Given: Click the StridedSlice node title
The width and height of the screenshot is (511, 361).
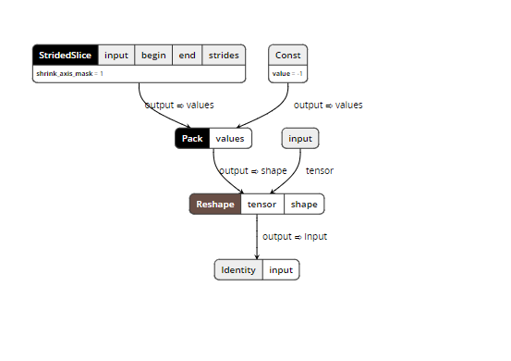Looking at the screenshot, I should [x=65, y=55].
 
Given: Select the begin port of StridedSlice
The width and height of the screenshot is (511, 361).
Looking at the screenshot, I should [x=153, y=55].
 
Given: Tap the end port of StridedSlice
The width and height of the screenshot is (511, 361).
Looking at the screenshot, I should [x=187, y=55].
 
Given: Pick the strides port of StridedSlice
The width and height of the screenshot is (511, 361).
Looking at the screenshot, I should [x=223, y=55].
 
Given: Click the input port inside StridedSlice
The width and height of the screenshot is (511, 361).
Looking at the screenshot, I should [x=116, y=55].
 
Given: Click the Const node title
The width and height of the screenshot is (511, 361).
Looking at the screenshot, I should [x=287, y=55].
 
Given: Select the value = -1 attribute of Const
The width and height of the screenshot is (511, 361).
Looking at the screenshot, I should [x=287, y=73].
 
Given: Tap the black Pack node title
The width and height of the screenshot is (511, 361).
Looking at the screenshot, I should [x=192, y=138].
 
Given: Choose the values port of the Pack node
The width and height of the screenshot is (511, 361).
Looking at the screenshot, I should [x=230, y=138].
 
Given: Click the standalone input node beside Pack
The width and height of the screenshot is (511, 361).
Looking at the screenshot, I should [x=300, y=138].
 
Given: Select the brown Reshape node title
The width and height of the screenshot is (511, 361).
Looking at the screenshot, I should [x=215, y=204].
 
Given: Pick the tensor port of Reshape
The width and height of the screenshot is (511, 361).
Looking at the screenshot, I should [x=262, y=204].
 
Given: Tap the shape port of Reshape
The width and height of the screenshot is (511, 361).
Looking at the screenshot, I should [x=304, y=204].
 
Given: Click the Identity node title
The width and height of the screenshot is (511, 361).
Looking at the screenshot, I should [x=238, y=269].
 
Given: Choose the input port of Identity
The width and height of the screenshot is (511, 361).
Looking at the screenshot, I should [x=281, y=269].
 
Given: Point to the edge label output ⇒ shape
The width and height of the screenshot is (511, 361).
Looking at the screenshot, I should [x=253, y=170].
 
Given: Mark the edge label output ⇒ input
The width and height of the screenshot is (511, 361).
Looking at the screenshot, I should [x=295, y=236].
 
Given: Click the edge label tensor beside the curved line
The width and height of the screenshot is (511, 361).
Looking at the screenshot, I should [x=320, y=170].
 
